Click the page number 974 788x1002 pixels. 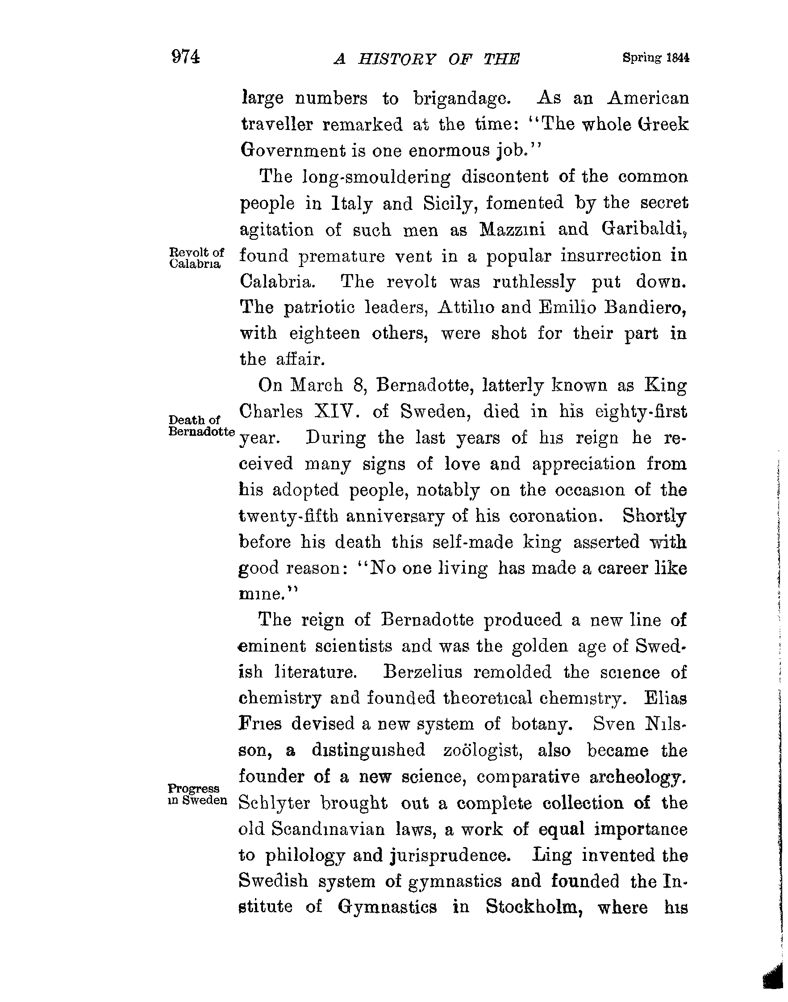185,57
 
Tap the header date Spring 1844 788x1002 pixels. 655,58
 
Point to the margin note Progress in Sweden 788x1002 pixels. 197,794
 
